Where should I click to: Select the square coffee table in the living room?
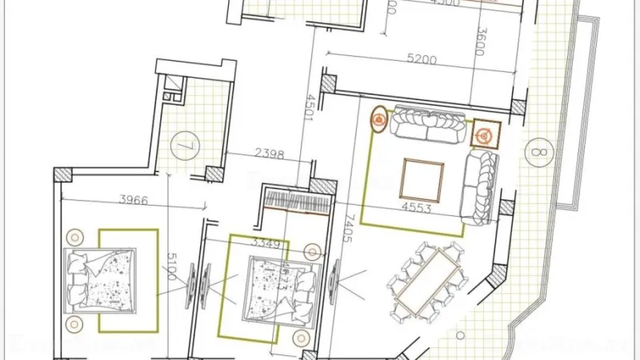(x=422, y=180)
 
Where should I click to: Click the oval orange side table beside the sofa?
(x=378, y=121)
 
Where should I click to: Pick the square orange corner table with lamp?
(x=484, y=134)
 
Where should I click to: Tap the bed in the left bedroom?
(x=100, y=279)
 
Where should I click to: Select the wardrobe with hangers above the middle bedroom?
(x=295, y=200)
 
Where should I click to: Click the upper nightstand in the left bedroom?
(x=75, y=238)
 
